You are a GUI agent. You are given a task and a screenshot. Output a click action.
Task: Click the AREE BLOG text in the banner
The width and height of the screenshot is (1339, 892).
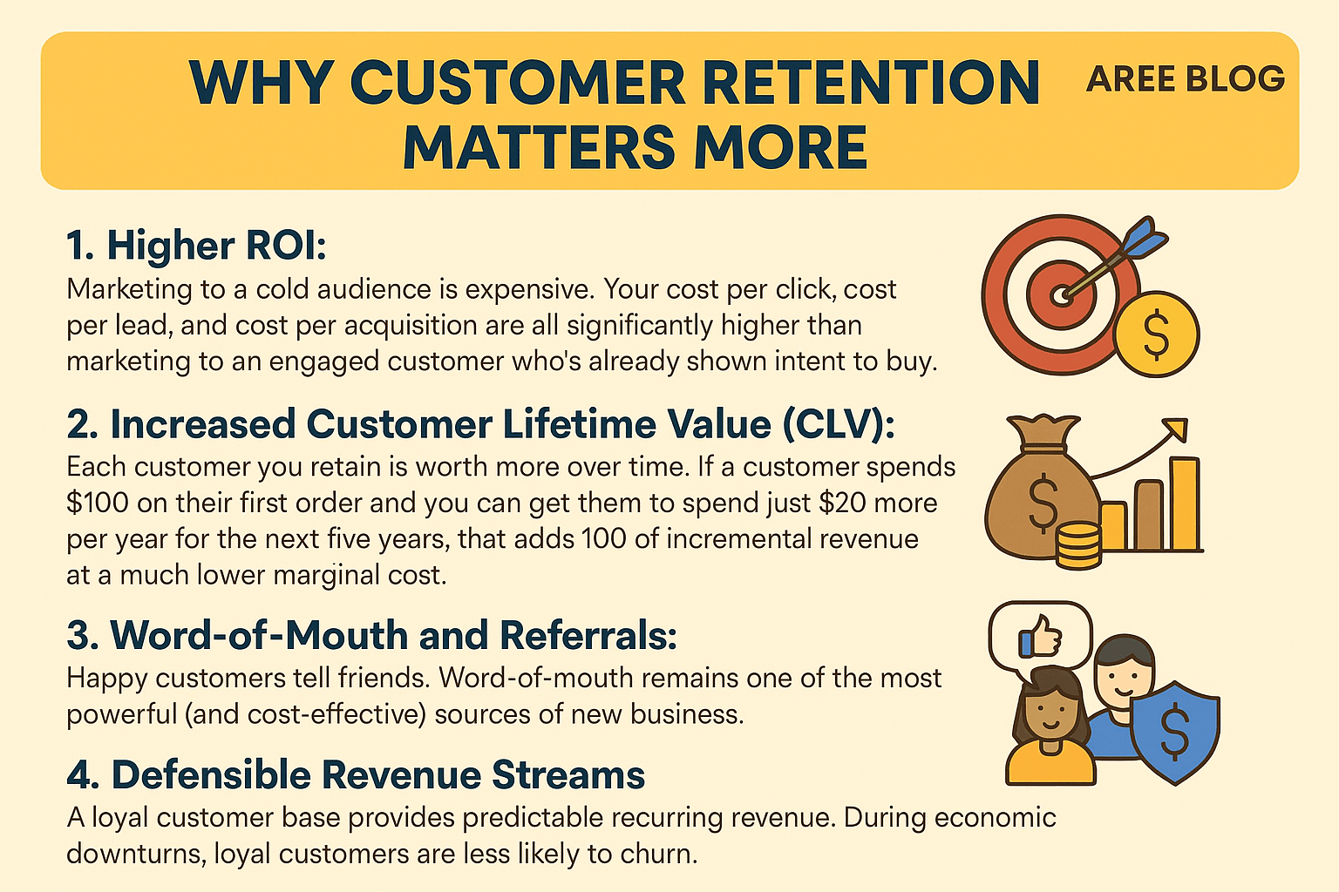tap(1185, 79)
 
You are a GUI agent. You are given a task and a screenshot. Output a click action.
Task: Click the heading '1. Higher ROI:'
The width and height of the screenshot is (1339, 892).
tap(196, 246)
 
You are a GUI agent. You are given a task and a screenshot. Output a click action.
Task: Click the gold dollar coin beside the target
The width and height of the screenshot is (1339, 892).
tap(1156, 335)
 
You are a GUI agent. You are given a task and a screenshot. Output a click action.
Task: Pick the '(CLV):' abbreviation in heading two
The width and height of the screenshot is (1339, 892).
tap(839, 424)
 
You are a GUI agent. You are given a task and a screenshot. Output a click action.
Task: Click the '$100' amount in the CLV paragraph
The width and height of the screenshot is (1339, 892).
tap(97, 503)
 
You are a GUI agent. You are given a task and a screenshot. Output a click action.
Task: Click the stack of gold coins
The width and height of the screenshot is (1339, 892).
tap(1077, 545)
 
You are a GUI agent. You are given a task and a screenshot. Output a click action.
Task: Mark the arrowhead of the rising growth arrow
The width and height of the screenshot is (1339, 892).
tap(1176, 429)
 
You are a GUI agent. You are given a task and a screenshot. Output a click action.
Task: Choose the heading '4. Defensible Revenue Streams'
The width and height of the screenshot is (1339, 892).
tap(356, 775)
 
